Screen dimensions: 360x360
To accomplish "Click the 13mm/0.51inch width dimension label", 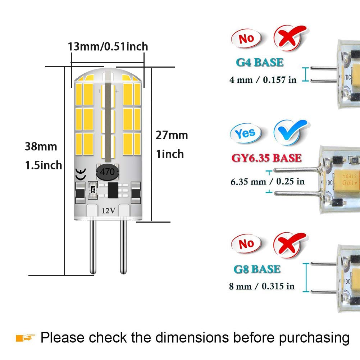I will [108, 46].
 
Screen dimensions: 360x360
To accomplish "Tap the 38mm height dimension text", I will [41, 147].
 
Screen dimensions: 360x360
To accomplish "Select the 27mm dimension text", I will [172, 135].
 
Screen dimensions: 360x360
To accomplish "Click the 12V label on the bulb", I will [108, 211].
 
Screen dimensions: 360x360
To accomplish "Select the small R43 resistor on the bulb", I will [92, 189].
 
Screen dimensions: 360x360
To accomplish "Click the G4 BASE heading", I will [259, 62].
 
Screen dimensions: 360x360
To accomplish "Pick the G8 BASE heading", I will [257, 269].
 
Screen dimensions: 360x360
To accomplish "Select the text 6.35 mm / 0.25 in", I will [268, 181].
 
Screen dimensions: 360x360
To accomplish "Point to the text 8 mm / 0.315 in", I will [262, 286].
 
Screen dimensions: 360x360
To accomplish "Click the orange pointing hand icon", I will [26, 337].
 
